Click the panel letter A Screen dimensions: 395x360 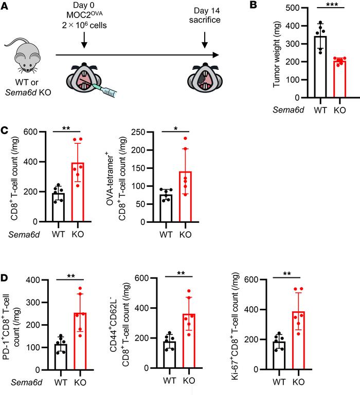point(6,7)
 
